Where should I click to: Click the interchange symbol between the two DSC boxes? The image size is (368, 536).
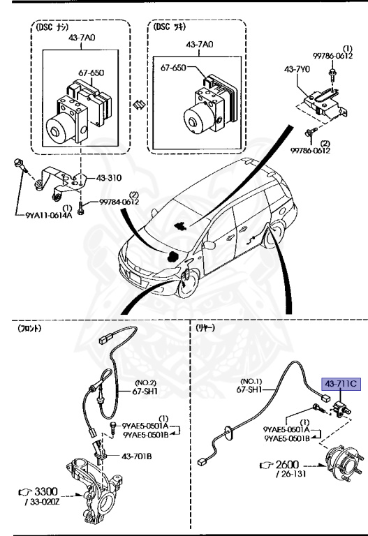click(139, 105)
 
